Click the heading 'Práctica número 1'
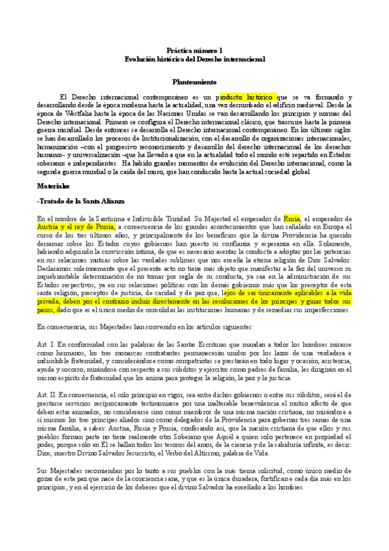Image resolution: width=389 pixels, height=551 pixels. pyautogui.click(x=194, y=50)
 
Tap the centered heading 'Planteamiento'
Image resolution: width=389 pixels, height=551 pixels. pyautogui.click(x=194, y=83)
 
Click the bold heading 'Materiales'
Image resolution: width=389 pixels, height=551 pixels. pyautogui.click(x=54, y=185)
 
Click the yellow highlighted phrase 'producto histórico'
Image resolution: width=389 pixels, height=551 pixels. pyautogui.click(x=247, y=95)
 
